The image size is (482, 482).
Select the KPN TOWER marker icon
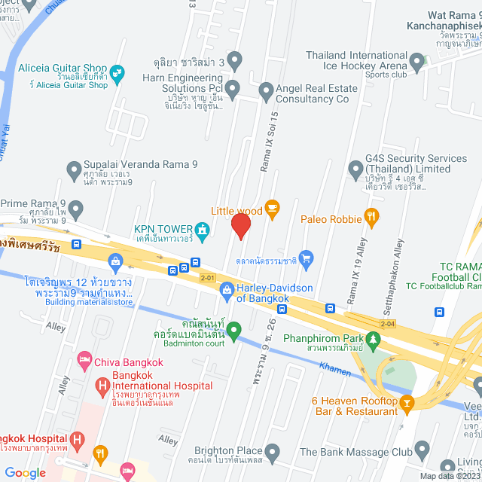201,229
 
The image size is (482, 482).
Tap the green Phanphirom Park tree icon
371,337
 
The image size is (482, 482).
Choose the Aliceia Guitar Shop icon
116,72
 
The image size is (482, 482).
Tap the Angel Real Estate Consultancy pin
265,92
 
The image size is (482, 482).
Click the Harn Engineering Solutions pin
233,90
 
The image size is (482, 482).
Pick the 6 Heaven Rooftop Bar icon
407,405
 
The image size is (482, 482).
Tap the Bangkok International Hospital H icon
103,386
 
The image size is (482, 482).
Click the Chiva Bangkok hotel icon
85,361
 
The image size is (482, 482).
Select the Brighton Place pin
273,452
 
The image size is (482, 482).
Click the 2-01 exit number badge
208,279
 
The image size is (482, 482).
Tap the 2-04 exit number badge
388,324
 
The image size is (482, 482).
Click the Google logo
25,472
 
